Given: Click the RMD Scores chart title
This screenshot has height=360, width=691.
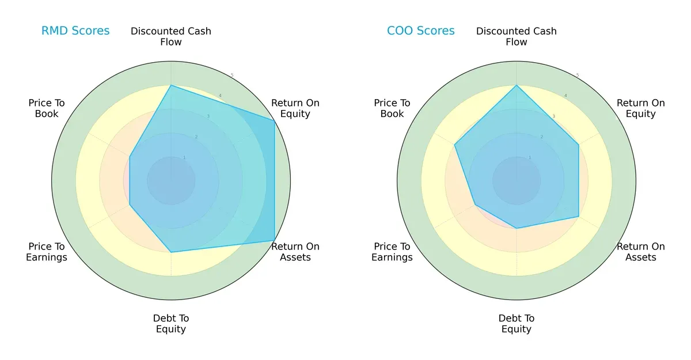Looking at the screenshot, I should click(75, 31).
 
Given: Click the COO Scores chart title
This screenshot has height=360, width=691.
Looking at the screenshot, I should click(421, 31).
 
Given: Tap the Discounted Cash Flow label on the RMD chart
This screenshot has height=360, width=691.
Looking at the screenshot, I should click(171, 36).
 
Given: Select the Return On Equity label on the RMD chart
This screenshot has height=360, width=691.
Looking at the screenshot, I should click(295, 108).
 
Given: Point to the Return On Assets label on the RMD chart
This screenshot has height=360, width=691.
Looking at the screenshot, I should click(295, 252).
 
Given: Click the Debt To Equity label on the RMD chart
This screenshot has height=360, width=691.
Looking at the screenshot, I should click(171, 324).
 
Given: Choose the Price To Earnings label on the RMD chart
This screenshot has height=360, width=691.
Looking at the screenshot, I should click(47, 252).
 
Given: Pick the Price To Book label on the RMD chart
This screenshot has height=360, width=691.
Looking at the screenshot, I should click(47, 108).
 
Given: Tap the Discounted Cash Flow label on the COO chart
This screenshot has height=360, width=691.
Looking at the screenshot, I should click(517, 36).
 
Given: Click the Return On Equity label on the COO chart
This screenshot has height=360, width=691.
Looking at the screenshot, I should click(641, 108).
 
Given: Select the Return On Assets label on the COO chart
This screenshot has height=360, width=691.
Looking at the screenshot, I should click(641, 252).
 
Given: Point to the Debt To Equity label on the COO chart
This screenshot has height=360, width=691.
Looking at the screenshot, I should click(517, 324).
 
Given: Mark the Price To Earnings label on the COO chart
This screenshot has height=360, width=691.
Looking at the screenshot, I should click(392, 252).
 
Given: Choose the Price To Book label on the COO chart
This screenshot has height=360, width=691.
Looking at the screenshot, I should click(392, 108).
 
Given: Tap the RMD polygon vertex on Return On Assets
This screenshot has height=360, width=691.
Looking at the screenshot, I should click(274, 241).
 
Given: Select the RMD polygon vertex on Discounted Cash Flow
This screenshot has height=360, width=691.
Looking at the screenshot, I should click(171, 85).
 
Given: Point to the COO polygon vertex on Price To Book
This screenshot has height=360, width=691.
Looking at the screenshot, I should click(455, 145).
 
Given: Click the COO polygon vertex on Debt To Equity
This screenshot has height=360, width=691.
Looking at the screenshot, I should click(517, 228).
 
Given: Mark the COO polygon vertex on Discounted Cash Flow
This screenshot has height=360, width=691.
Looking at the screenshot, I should click(517, 85).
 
